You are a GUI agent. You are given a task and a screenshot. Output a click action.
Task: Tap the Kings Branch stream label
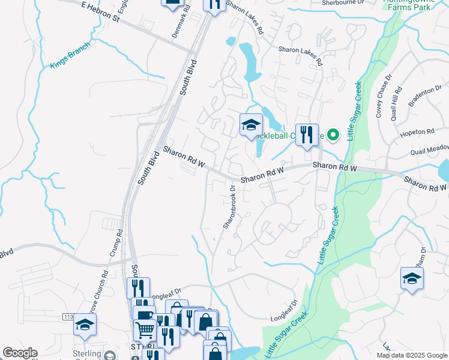[x=70, y=55]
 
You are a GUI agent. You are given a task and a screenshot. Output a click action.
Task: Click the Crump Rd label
[x=116, y=243]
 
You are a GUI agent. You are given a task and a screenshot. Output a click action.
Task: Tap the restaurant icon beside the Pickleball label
[x=307, y=134]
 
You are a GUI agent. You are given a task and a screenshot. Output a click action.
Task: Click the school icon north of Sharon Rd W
[x=251, y=125]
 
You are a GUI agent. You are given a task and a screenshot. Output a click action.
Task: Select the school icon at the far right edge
[x=412, y=278]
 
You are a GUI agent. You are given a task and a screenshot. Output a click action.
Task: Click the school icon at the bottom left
[x=85, y=325]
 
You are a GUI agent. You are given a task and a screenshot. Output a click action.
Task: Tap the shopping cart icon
[x=145, y=329]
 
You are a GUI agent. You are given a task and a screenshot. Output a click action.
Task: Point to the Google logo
[x=20, y=353]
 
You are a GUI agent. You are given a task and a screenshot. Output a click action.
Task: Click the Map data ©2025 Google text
[x=412, y=355]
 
